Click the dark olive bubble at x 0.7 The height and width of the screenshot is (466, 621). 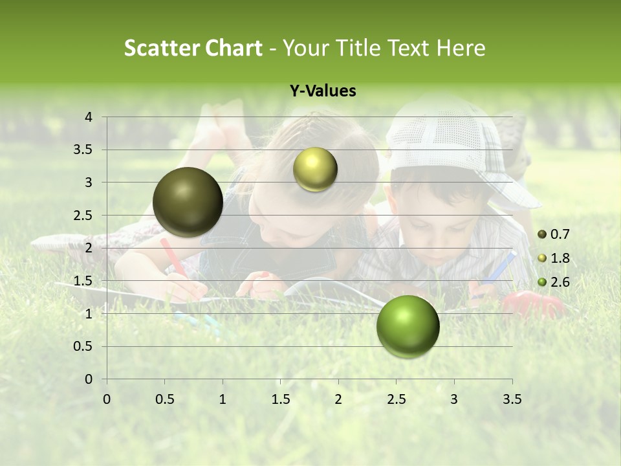coord(188,202)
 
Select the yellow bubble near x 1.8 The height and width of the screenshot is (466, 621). coord(315,170)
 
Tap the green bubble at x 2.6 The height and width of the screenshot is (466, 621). coord(408,326)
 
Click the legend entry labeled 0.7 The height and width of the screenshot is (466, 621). coord(555,234)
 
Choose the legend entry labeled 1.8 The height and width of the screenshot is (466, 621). coord(555,258)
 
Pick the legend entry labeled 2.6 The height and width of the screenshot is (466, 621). coord(555,282)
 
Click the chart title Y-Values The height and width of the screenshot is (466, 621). coord(323,91)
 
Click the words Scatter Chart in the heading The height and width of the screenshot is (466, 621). coord(193,48)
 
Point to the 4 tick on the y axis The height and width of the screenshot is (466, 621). coord(89,117)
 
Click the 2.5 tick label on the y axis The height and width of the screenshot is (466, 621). coord(83,216)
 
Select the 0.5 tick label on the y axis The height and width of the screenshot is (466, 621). coord(83,346)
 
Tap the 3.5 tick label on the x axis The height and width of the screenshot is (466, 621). coord(512,399)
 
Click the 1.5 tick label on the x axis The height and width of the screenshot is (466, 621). coord(281,399)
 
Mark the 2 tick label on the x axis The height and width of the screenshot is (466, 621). coord(338,399)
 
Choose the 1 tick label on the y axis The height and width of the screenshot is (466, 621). coord(89,314)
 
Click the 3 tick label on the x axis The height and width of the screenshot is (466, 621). coord(454,399)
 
